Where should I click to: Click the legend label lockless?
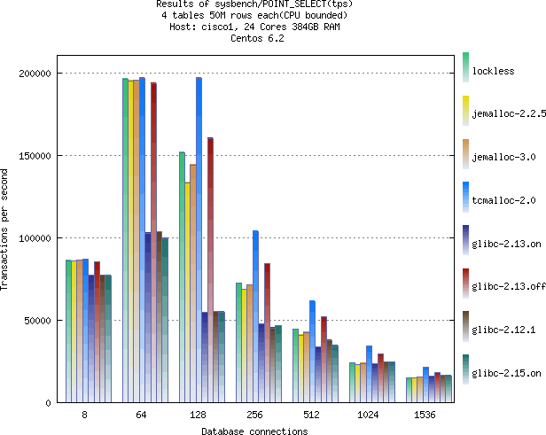pos(494,71)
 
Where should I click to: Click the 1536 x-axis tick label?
pos(427,415)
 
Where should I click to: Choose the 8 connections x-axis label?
pos(83,415)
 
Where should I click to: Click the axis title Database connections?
pos(253,431)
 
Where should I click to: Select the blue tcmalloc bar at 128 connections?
pos(199,239)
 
